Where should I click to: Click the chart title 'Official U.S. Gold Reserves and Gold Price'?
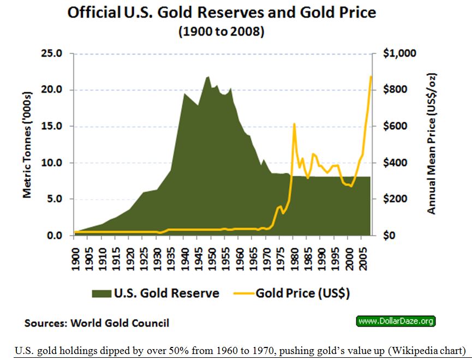[222, 13]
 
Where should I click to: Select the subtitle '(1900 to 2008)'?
[222, 32]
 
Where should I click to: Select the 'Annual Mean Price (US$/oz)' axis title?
[431, 144]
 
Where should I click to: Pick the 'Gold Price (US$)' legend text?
[302, 293]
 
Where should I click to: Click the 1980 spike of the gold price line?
[294, 124]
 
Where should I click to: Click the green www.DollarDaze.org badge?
[396, 321]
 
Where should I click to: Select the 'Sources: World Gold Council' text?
[97, 323]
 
